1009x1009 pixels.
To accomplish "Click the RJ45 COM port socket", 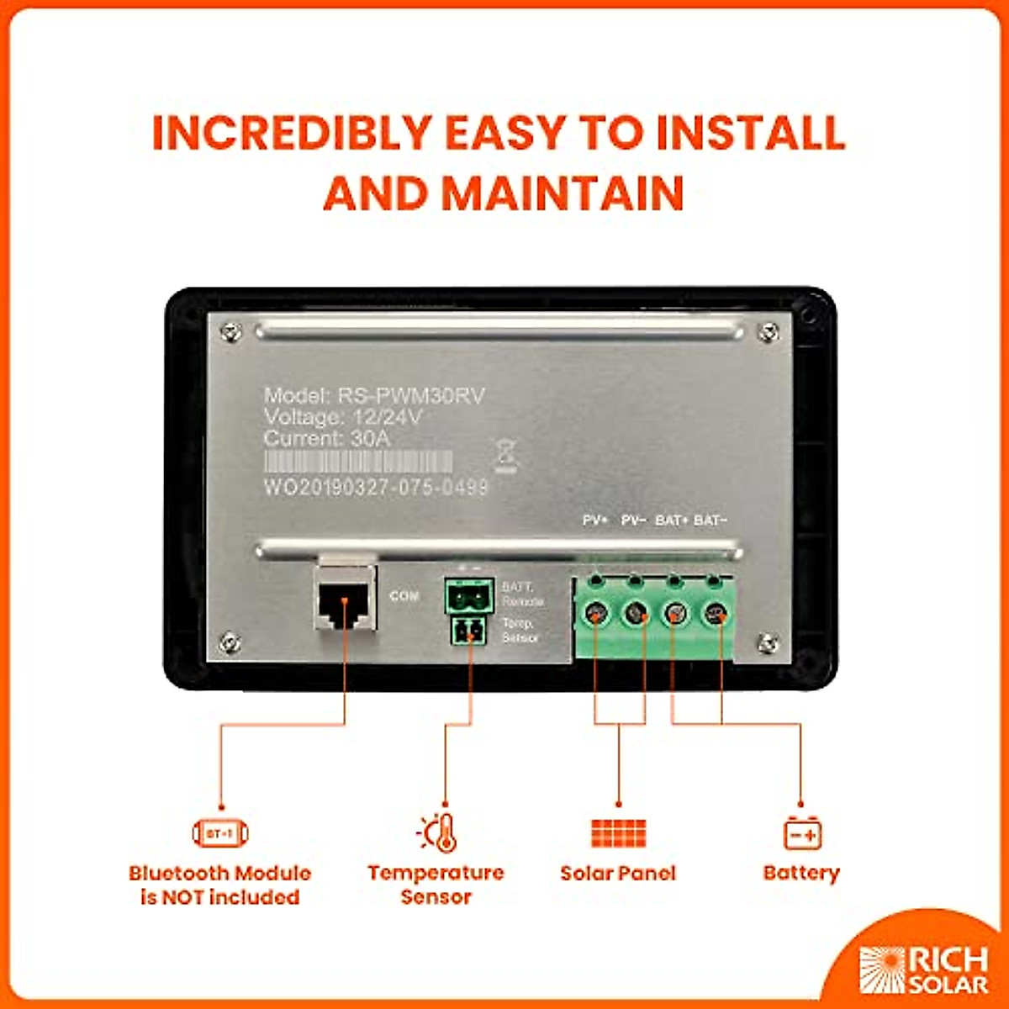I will click(x=344, y=600).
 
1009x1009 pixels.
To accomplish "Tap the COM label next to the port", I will click(x=404, y=595).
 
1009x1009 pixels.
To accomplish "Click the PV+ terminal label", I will click(x=595, y=520).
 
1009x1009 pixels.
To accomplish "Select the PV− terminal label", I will click(x=633, y=520).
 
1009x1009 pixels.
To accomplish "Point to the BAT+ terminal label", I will click(x=672, y=520).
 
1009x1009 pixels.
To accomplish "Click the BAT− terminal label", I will click(x=711, y=520).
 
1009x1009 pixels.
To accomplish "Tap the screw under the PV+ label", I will click(x=595, y=614).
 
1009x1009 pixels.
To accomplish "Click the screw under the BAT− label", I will click(x=716, y=614).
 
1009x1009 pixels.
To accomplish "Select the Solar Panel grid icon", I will click(x=618, y=833).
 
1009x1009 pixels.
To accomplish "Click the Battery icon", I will click(x=802, y=833).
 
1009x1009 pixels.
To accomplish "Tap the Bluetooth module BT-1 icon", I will click(x=220, y=833).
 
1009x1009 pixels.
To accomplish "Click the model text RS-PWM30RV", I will click(x=411, y=396).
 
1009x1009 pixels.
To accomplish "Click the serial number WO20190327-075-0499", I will click(x=376, y=488).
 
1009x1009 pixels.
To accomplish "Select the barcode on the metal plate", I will click(x=358, y=462).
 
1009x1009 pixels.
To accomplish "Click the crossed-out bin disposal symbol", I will click(x=506, y=455).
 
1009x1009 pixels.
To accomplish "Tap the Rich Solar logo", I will click(x=923, y=969).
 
